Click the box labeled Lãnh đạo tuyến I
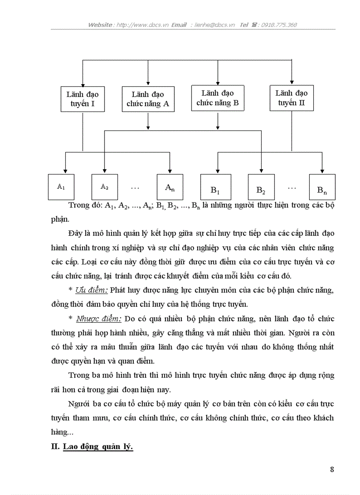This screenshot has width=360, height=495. pyautogui.click(x=82, y=100)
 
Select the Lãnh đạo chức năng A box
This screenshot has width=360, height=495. pyautogui.click(x=147, y=100)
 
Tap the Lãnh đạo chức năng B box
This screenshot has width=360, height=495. pyautogui.click(x=217, y=98)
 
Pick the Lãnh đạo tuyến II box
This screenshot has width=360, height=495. pyautogui.click(x=291, y=98)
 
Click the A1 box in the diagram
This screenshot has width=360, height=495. pyautogui.click(x=61, y=187)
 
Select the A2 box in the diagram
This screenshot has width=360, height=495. pyautogui.click(x=105, y=187)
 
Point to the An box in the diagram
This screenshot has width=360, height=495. pyautogui.click(x=170, y=187)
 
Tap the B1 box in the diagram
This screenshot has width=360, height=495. pyautogui.click(x=215, y=187)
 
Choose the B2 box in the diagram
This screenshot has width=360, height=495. pyautogui.click(x=261, y=187)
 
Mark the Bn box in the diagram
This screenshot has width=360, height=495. pyautogui.click(x=322, y=187)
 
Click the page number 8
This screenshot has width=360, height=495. pyautogui.click(x=332, y=469)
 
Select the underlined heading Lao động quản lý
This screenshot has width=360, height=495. pyautogui.click(x=98, y=446)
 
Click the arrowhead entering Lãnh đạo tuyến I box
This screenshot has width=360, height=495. pyautogui.click(x=82, y=84)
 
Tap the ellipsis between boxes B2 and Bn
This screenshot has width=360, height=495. pyautogui.click(x=292, y=187)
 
